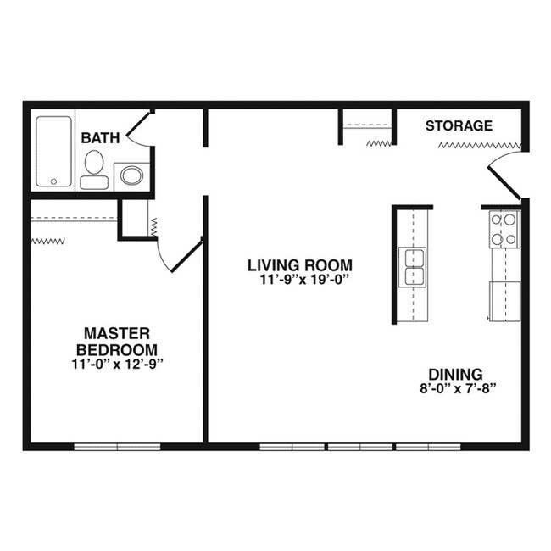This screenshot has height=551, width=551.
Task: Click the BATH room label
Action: point(98,137)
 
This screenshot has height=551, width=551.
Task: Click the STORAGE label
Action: point(459,126)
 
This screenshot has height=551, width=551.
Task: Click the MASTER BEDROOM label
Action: point(117,341)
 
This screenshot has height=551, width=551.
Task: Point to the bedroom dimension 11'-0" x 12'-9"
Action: point(117,364)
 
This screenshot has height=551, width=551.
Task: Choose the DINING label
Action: point(455,374)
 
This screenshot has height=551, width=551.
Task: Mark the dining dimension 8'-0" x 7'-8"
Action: point(455,389)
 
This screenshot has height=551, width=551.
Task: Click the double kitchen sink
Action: point(415,267)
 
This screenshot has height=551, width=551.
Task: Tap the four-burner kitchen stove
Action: point(504,229)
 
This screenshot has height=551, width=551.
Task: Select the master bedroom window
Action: point(117,445)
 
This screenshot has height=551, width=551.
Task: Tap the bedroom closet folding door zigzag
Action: point(48,242)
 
